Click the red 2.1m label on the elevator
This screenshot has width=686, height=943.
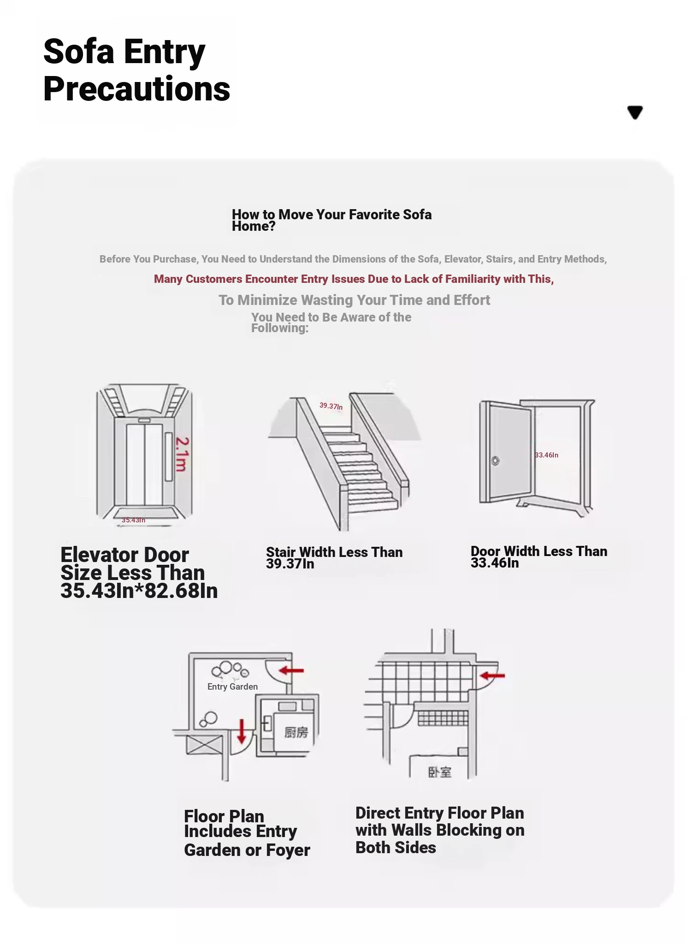[182, 454]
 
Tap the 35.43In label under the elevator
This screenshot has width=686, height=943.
[133, 520]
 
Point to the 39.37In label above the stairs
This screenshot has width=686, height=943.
[331, 406]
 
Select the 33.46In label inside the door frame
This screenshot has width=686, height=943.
[547, 455]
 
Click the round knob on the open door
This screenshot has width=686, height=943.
[495, 461]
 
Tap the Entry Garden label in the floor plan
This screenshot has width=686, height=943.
[232, 686]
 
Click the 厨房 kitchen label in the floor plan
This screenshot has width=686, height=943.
[296, 732]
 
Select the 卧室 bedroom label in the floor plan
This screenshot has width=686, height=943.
[439, 772]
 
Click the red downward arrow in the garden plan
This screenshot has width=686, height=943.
[241, 731]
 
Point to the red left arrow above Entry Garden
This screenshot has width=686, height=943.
[291, 670]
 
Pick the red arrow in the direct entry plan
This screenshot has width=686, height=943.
[492, 676]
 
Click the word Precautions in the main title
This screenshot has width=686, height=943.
[136, 89]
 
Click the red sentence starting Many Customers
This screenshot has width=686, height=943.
[354, 279]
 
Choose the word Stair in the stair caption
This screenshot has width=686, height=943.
[280, 552]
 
